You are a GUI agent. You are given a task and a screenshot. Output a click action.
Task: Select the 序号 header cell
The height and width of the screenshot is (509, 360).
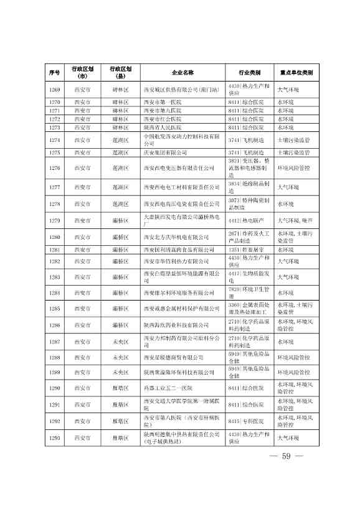pyautogui.click(x=54, y=72)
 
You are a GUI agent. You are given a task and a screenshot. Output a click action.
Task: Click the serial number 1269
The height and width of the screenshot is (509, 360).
pyautogui.click(x=54, y=90)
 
